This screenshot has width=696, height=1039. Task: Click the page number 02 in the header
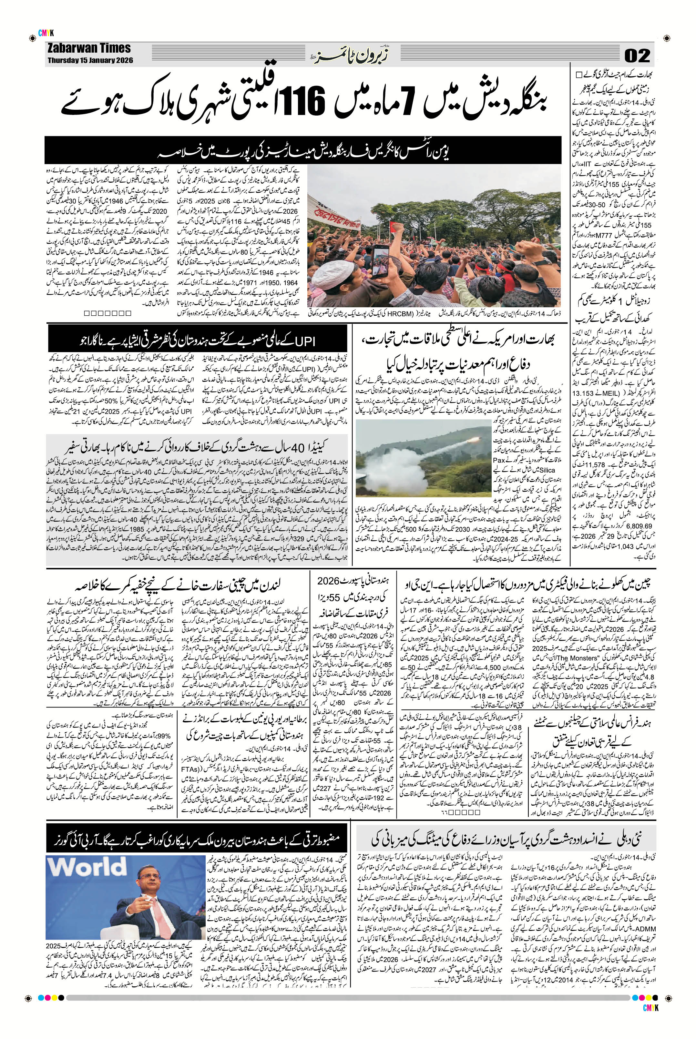coord(637,56)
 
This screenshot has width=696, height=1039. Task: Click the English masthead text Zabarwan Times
coord(88,48)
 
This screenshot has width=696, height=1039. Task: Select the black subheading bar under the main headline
coord(304,150)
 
